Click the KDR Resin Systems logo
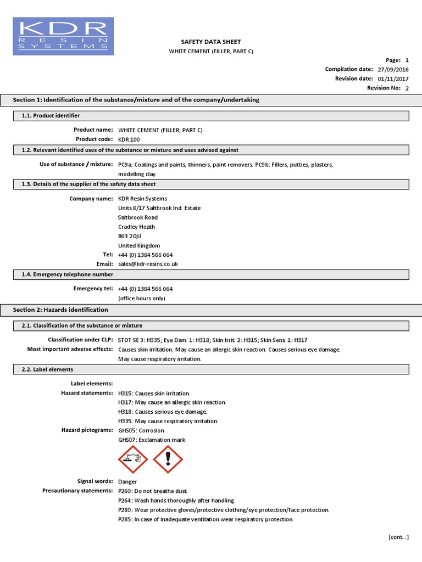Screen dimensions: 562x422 pos(63,36)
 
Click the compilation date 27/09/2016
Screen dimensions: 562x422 pos(393,70)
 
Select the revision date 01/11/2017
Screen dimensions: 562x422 pos(393,79)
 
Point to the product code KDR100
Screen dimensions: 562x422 pos(130,139)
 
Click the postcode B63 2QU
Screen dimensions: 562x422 pos(130,236)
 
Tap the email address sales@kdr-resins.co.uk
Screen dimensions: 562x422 pos(148,264)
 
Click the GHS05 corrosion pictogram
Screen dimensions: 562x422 pos(133,459)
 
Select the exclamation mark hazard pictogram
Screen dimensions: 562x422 pos(168,459)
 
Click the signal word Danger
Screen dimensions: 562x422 pos(127,481)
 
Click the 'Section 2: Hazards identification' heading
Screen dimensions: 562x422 pos(60,310)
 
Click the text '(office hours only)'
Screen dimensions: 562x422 pos(141,299)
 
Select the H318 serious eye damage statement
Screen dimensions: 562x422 pos(163,412)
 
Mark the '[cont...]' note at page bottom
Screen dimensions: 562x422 pos(398,537)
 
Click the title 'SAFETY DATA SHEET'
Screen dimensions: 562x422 pos(211,42)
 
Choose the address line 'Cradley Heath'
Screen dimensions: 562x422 pos(136,227)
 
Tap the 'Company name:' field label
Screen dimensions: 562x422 pos(91,199)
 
